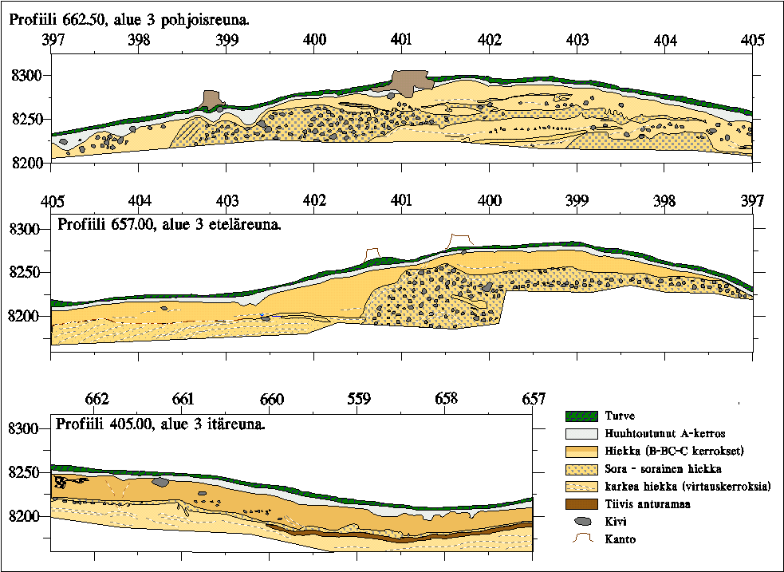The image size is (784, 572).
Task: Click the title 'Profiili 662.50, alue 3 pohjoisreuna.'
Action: [129, 18]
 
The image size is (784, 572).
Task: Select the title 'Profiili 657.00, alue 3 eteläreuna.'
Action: [169, 225]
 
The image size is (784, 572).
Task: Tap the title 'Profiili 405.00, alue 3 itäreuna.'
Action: [159, 423]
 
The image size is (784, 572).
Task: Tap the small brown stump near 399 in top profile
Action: [211, 100]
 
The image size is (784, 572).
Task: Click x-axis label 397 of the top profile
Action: [51, 40]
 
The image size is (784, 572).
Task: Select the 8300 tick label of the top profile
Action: [26, 76]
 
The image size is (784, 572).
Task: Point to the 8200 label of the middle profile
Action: [26, 317]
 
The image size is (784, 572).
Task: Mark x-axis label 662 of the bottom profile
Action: [96, 399]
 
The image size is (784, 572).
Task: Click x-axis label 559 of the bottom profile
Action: [358, 399]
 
